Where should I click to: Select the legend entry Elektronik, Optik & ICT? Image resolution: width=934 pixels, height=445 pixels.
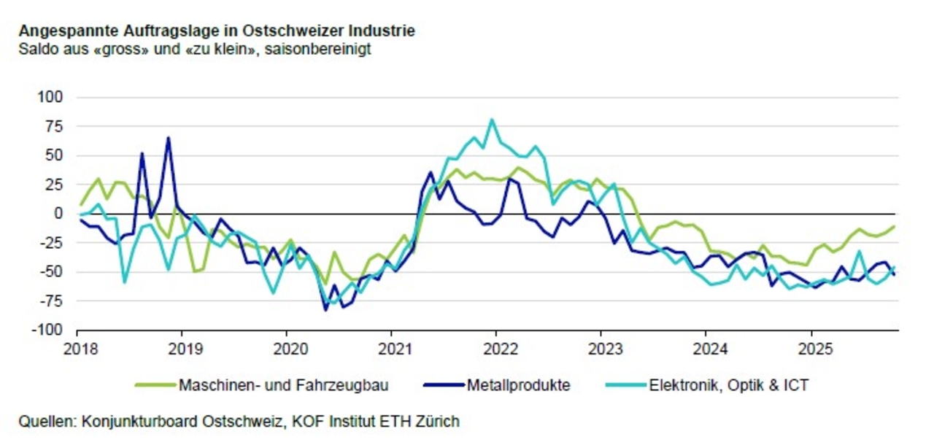pos(728,384)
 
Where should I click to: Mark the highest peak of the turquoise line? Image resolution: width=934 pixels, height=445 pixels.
pos(492,120)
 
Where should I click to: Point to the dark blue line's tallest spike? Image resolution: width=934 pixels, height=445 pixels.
pos(168,138)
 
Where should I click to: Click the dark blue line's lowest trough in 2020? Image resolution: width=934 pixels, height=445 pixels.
pos(325,310)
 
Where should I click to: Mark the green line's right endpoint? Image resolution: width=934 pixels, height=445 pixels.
pos(894,226)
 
